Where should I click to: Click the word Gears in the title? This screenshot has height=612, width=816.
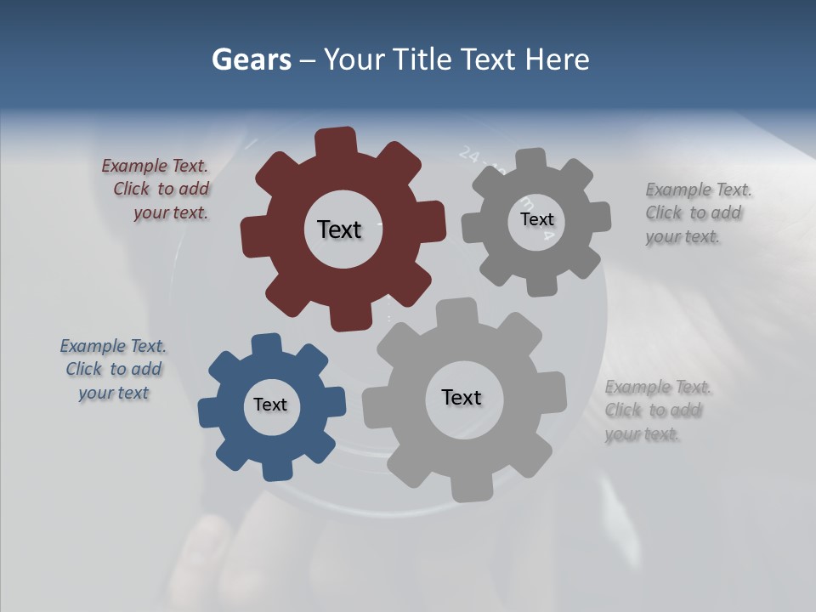(251, 59)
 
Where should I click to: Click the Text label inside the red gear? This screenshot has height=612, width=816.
(339, 229)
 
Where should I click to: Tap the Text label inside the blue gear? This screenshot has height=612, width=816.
(270, 405)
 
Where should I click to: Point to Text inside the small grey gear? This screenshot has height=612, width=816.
(536, 219)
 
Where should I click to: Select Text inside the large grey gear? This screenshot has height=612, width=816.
(462, 397)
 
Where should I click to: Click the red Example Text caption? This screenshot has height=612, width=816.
(156, 190)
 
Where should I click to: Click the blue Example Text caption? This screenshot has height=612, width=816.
(113, 370)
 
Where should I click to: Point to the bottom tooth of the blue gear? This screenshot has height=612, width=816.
(276, 470)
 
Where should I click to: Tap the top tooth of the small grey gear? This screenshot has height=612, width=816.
(531, 159)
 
